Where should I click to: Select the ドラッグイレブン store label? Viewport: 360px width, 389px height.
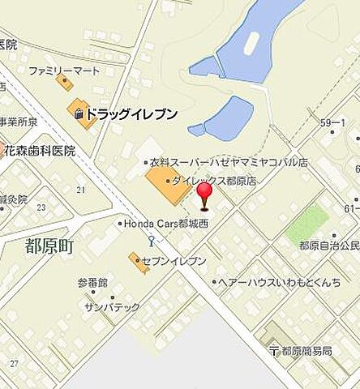click(x=131, y=114)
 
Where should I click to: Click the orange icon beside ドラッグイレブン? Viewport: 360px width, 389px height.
click(x=79, y=114)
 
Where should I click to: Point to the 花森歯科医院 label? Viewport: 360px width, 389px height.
click(x=40, y=151)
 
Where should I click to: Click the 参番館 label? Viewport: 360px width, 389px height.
click(x=92, y=283)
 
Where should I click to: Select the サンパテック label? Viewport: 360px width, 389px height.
click(x=112, y=307)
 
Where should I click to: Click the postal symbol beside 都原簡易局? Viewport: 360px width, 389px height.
click(x=274, y=351)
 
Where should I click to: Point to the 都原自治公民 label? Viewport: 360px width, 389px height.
click(x=328, y=245)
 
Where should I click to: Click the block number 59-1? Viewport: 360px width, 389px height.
click(x=332, y=122)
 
